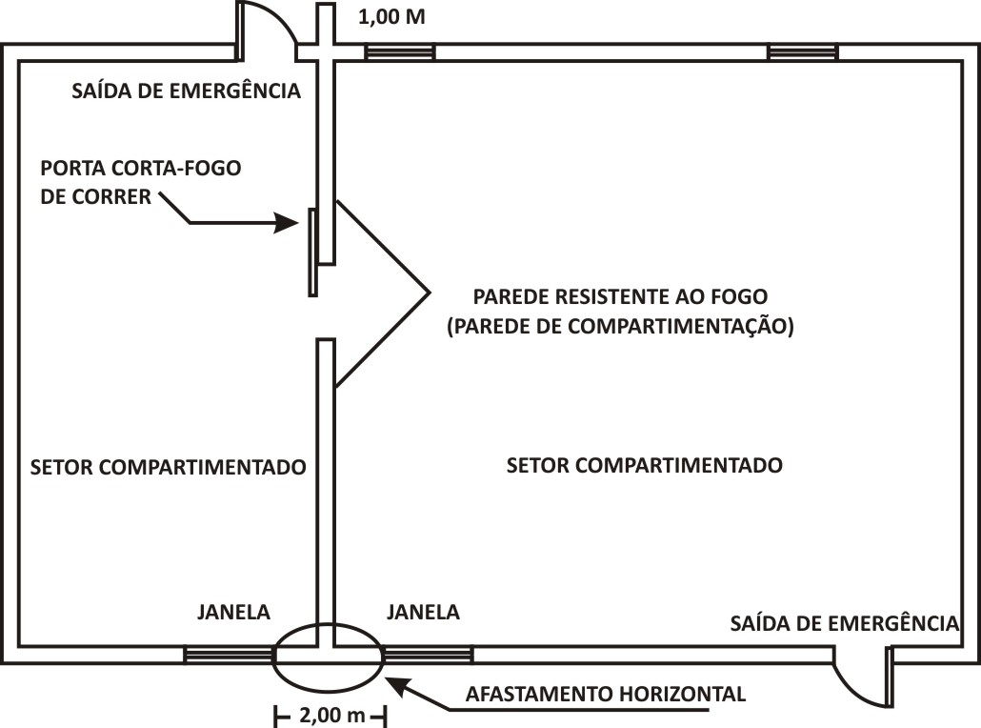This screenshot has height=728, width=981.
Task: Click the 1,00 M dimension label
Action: pyautogui.click(x=391, y=17)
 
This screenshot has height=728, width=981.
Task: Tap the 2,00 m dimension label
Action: pyautogui.click(x=331, y=715)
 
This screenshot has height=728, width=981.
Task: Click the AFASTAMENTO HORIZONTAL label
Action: pyautogui.click(x=606, y=695)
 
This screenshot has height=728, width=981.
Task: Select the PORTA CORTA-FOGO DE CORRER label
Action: pyautogui.click(x=140, y=182)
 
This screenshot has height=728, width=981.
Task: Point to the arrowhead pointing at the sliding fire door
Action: pyautogui.click(x=288, y=222)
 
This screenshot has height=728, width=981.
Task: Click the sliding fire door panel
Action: pyautogui.click(x=312, y=253)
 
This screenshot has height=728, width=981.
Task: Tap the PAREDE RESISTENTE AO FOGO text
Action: pyautogui.click(x=620, y=296)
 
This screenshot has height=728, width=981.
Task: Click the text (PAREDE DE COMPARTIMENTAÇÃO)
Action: pyautogui.click(x=620, y=326)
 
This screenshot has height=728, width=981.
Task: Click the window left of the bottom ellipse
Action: pyautogui.click(x=229, y=655)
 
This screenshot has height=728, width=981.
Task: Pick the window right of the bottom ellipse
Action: pyautogui.click(x=428, y=655)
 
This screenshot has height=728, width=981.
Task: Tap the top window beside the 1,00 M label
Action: pyautogui.click(x=400, y=52)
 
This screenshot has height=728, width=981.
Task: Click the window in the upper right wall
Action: pyautogui.click(x=803, y=52)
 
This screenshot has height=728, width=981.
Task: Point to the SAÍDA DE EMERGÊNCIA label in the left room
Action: pyautogui.click(x=186, y=91)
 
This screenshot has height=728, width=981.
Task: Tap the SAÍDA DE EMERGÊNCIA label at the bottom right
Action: pyautogui.click(x=845, y=623)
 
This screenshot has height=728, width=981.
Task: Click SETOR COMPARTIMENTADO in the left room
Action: pyautogui.click(x=169, y=467)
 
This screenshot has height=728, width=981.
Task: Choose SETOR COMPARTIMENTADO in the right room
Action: pyautogui.click(x=645, y=465)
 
